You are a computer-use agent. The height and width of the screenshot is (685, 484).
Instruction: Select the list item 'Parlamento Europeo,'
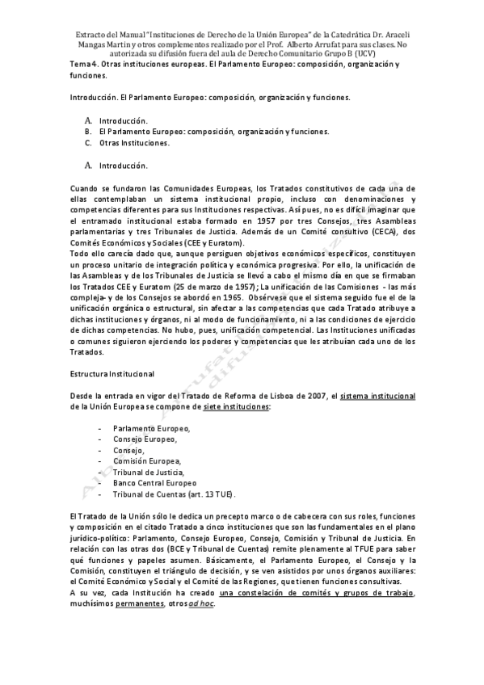(152, 427)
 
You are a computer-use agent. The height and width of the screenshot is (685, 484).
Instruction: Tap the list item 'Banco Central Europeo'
(154, 482)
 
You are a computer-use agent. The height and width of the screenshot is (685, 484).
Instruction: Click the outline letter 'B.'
(87, 131)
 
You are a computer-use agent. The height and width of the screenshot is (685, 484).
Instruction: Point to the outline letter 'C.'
(87, 143)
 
